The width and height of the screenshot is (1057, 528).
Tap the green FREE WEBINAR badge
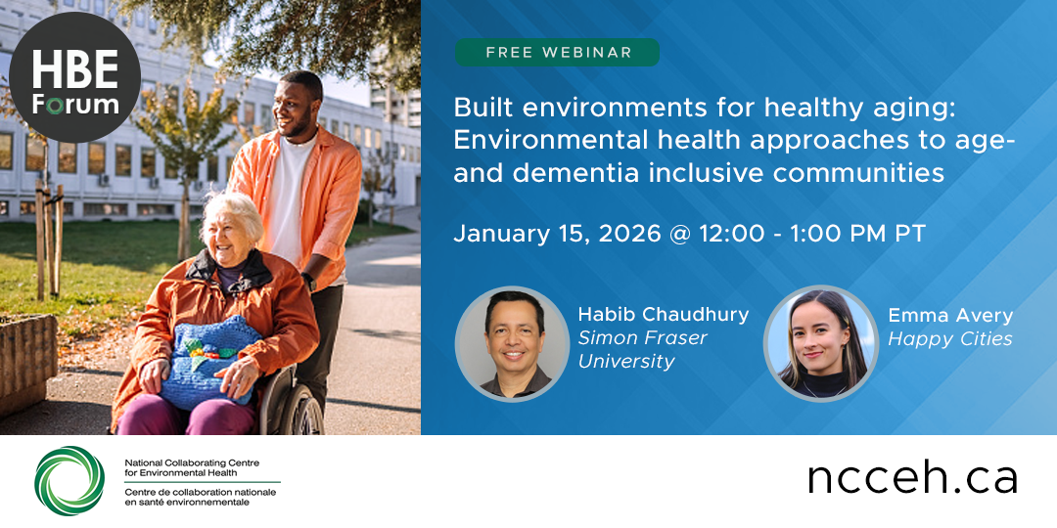pyautogui.click(x=557, y=52)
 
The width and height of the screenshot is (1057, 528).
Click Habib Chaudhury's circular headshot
pyautogui.click(x=513, y=343)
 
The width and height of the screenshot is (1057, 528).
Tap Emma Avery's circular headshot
pyautogui.click(x=820, y=343)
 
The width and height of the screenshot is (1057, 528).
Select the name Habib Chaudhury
pyautogui.click(x=663, y=314)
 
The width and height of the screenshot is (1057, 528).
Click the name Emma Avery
pyautogui.click(x=950, y=315)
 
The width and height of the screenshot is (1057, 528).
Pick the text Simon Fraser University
pyautogui.click(x=642, y=349)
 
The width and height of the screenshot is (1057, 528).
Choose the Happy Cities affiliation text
pyautogui.click(x=950, y=338)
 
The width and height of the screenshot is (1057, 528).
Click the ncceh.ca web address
pyautogui.click(x=912, y=478)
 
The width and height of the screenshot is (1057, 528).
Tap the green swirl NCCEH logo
pyautogui.click(x=69, y=480)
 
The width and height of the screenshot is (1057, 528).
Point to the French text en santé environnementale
pyautogui.click(x=187, y=503)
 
